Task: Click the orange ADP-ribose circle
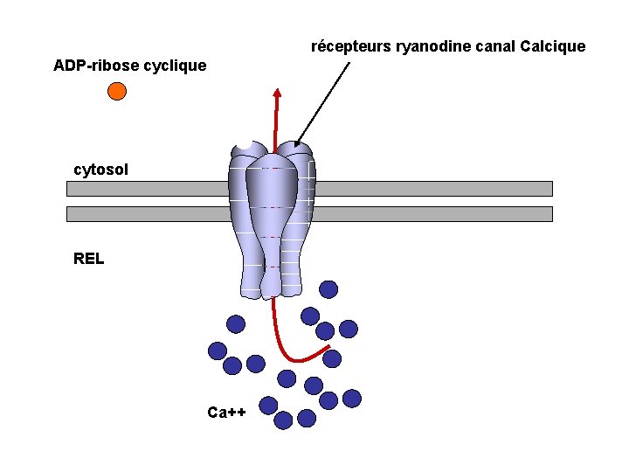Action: tap(117, 91)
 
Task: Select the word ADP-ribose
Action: tap(90, 66)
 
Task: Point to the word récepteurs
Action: tap(351, 46)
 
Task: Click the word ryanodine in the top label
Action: tap(430, 46)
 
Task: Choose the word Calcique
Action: tap(552, 46)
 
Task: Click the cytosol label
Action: tap(100, 170)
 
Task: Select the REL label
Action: tap(89, 259)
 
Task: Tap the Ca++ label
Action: tap(227, 413)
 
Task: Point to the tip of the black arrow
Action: tap(297, 145)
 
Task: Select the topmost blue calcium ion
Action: tap(328, 289)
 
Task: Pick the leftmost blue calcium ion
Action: tap(218, 351)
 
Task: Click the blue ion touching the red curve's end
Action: tap(332, 358)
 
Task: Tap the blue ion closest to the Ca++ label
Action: tap(268, 405)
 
